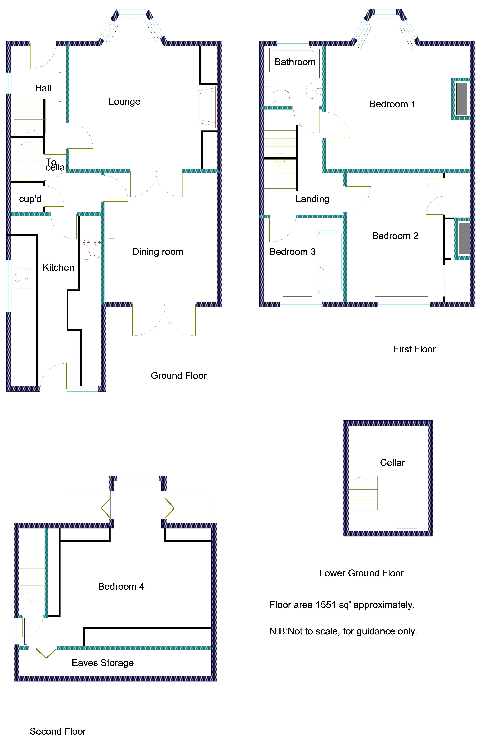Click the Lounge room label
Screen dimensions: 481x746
[x=124, y=102]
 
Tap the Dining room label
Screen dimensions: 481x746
[x=158, y=252]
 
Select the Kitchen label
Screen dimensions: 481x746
[x=58, y=267]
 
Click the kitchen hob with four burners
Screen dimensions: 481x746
[x=91, y=249]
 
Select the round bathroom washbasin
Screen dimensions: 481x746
[x=312, y=91]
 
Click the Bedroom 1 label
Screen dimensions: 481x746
[x=392, y=104]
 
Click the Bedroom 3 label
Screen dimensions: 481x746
[x=292, y=252]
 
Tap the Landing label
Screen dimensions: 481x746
[x=312, y=199]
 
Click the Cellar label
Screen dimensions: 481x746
[x=392, y=462]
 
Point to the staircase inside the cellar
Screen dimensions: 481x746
[x=362, y=493]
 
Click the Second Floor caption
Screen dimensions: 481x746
[x=58, y=731]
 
